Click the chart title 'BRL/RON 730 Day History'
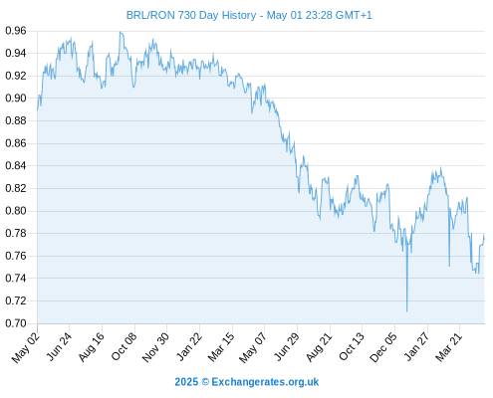pos(191,15)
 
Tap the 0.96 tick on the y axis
pos(16,31)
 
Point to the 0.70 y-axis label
pos(16,323)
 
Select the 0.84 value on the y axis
pos(16,165)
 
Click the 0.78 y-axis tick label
pos(16,233)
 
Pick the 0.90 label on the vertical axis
pos(16,98)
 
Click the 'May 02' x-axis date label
pos(26,348)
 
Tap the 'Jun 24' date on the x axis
pos(59,346)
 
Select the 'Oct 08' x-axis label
pos(124,347)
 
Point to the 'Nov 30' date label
pos(156,347)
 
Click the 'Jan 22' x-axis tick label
pos(189,347)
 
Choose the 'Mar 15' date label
pos(221,347)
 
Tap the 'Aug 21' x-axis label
pos(319,347)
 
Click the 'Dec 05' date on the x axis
pos(383,347)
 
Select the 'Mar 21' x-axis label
pos(449,347)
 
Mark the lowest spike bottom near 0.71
pos(406,311)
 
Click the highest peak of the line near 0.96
pos(121,32)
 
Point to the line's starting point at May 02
pos(37,109)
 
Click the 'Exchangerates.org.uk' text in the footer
pos(265,382)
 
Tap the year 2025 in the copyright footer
pos(186,382)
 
